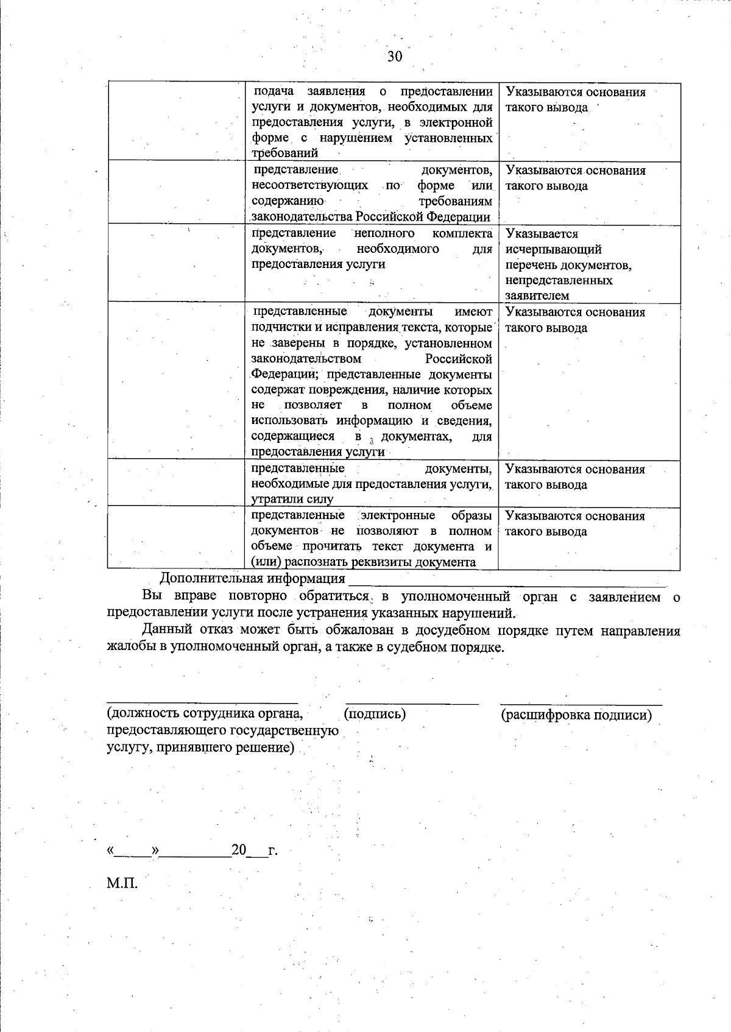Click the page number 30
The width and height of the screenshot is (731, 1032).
(395, 57)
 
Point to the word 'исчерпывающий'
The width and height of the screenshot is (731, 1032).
(553, 249)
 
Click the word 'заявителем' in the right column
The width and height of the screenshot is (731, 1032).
(537, 295)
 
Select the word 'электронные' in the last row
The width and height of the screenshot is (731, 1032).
(399, 515)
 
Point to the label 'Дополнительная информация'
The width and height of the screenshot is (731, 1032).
(252, 578)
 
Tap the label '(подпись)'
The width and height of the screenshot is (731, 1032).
(375, 713)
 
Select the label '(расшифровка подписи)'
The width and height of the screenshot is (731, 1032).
(576, 715)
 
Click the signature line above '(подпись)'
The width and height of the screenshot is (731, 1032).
(412, 703)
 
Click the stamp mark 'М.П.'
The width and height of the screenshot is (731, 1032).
(122, 883)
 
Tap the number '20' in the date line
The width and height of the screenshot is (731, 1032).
(238, 850)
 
